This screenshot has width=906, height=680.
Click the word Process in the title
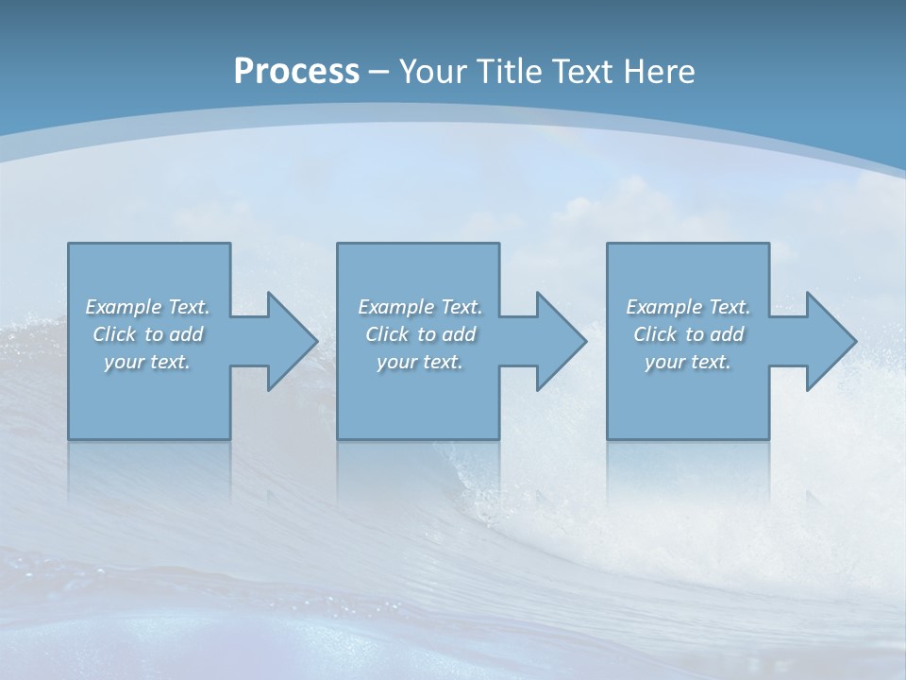[x=296, y=72]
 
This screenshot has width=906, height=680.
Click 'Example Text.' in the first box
[x=147, y=307]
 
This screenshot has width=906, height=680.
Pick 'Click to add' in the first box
[x=147, y=334]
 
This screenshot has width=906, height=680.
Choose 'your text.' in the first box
[x=147, y=362]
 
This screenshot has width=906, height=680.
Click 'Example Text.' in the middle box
[x=419, y=307]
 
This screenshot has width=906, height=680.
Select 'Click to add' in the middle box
[x=419, y=334]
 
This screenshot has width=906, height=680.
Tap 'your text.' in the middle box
[x=419, y=362]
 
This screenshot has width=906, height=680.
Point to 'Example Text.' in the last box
[x=688, y=307]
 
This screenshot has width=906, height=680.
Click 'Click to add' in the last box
[x=688, y=334]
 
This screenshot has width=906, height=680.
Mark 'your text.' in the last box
[x=688, y=362]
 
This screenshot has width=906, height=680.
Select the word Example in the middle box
[x=395, y=307]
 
